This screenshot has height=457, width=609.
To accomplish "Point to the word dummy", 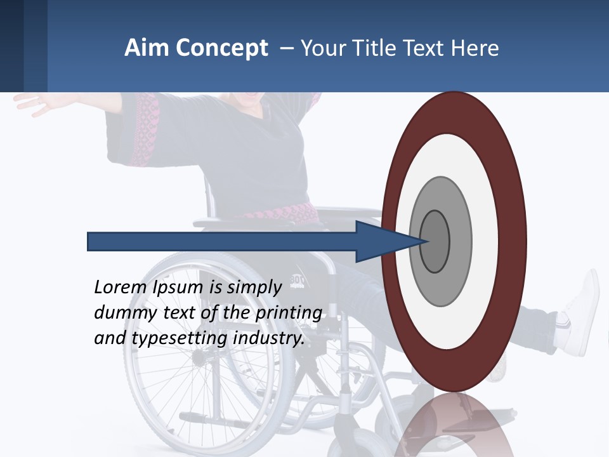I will pyautogui.click(x=121, y=313).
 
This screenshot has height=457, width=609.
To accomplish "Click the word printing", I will pyautogui.click(x=288, y=313).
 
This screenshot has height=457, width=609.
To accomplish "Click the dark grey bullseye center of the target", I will pyautogui.click(x=435, y=242).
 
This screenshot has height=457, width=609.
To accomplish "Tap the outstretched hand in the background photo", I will pyautogui.click(x=32, y=103).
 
